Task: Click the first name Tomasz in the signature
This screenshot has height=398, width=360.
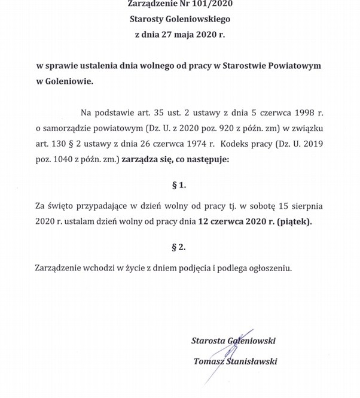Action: pos(208,361)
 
